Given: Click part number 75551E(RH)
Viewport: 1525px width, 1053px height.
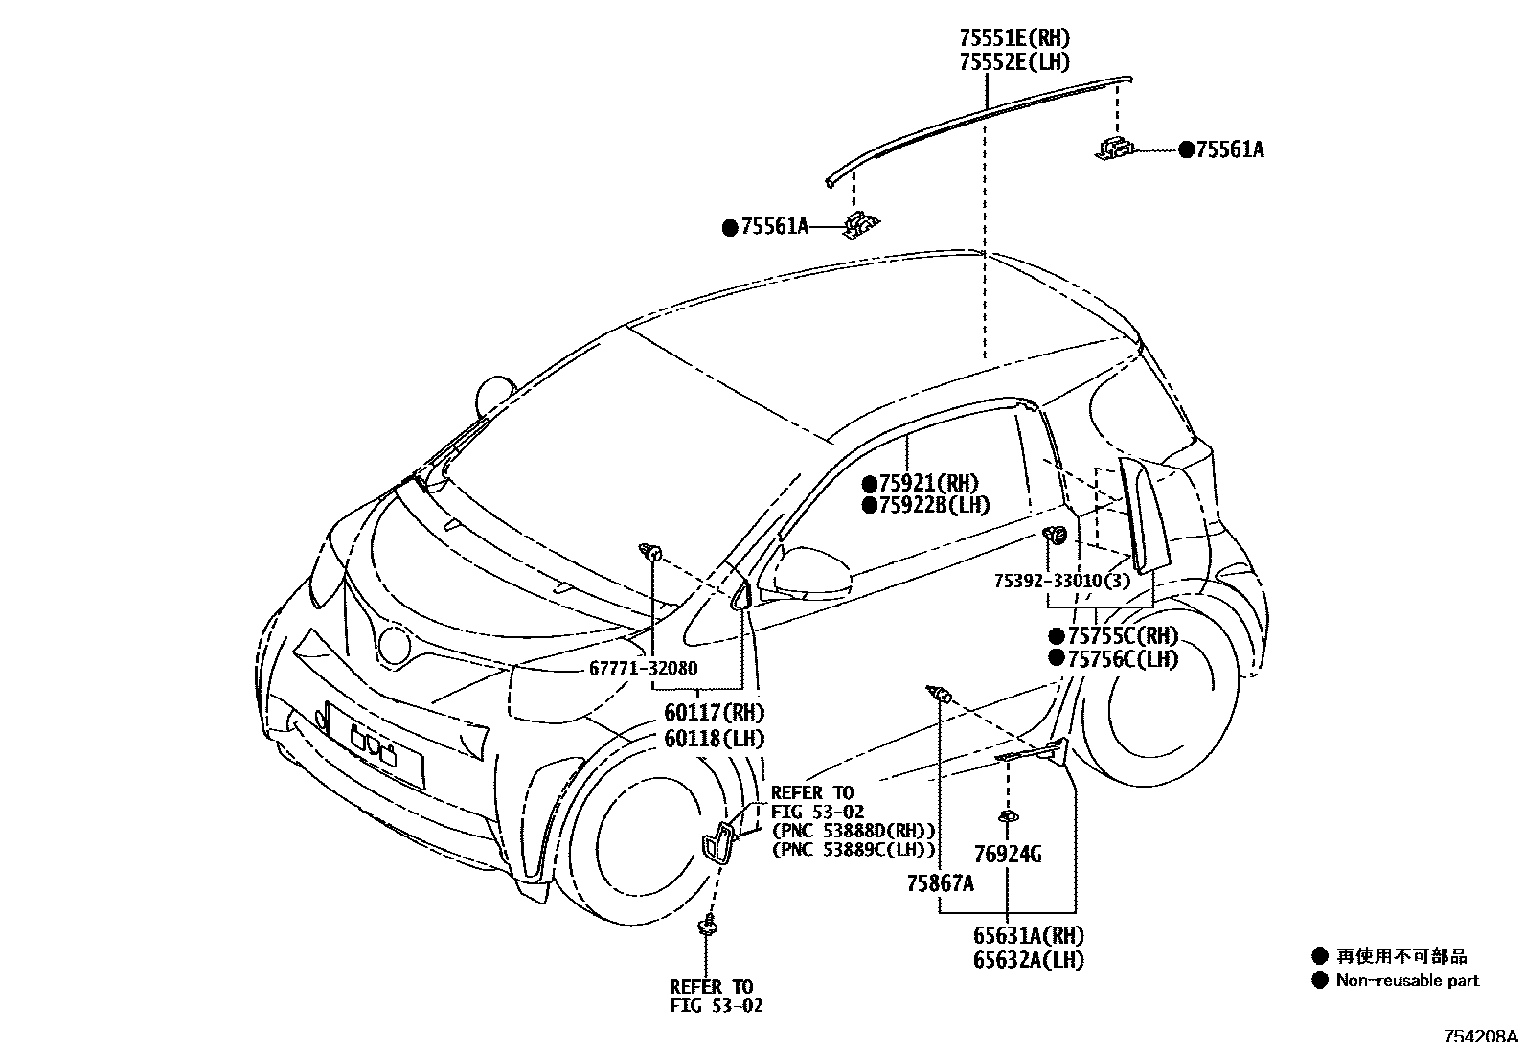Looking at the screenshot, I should tap(1013, 39).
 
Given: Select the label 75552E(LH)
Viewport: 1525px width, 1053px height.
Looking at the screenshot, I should tap(1013, 62).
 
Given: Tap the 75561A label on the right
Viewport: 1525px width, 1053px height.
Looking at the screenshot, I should tap(1229, 149).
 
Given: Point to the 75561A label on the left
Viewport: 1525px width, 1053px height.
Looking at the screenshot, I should tap(775, 227).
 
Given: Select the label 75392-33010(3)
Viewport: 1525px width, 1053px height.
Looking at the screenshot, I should tap(1061, 581).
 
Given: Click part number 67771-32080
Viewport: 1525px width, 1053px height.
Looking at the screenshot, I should tap(643, 669).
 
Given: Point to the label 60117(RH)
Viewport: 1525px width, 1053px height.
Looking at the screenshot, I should tap(715, 713).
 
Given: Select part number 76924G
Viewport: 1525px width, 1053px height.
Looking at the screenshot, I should tap(1007, 854).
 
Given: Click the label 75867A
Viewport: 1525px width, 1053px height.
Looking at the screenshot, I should tap(940, 883).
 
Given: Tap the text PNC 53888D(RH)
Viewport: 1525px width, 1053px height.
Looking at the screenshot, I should tap(854, 830).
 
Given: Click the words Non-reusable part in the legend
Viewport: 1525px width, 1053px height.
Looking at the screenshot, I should tap(1407, 980).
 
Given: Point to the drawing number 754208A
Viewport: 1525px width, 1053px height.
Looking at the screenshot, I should tap(1482, 1037).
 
